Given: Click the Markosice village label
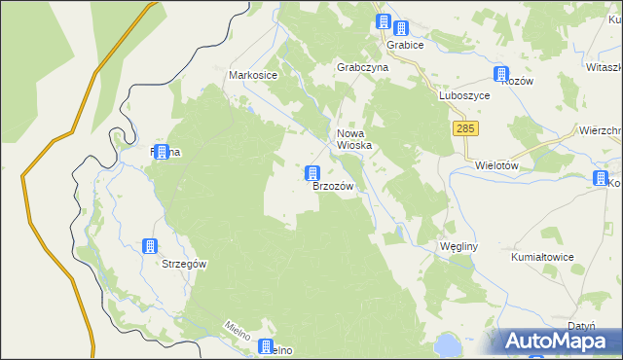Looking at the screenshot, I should [x=253, y=75].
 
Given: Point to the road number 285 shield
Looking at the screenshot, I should [x=464, y=128].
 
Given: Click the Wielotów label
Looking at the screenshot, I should [x=495, y=165].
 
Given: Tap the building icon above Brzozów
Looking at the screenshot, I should [x=312, y=173].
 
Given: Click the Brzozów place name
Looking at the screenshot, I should [x=332, y=185].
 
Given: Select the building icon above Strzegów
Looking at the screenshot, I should [x=150, y=247].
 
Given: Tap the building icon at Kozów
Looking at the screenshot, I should [x=501, y=74].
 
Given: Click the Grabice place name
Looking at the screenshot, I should [x=403, y=45].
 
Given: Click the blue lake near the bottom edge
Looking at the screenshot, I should [x=448, y=343].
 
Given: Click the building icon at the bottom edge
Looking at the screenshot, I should [x=265, y=346].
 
